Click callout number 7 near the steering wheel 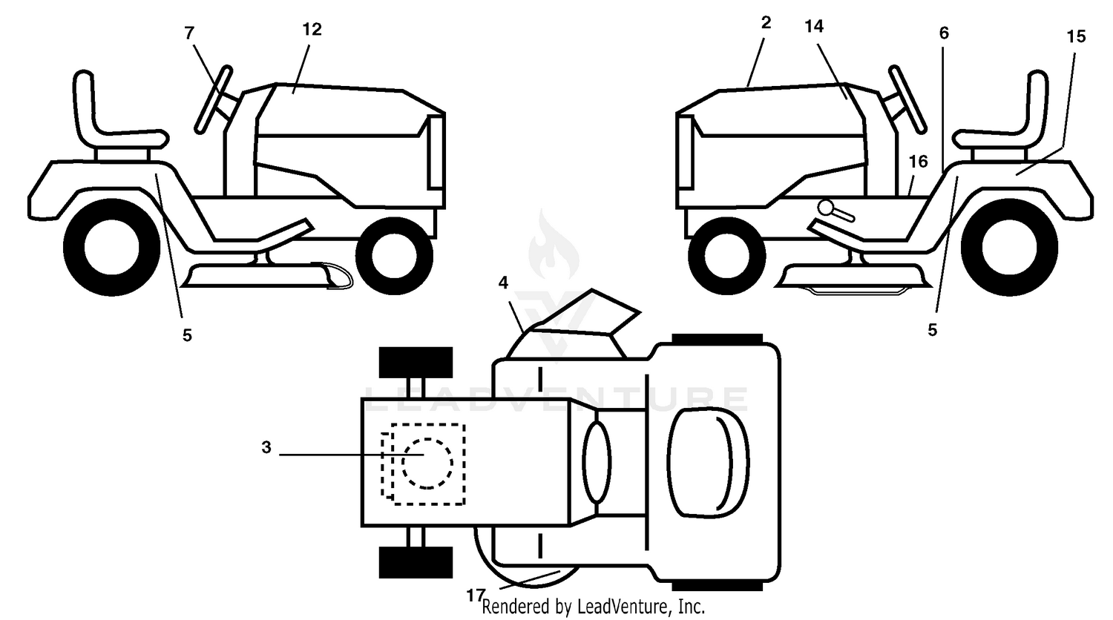(x=188, y=33)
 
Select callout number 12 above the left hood (x=312, y=30)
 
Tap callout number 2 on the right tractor (x=766, y=22)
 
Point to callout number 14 (x=814, y=27)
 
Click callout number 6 (x=944, y=33)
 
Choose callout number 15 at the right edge (x=1076, y=36)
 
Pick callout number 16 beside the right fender (x=919, y=162)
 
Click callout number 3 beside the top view (x=266, y=448)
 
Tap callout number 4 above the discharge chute (x=503, y=283)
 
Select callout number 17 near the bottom (x=475, y=595)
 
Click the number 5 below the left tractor (x=187, y=335)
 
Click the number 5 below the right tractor (x=933, y=330)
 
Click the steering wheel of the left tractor (x=214, y=99)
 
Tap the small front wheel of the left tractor (x=394, y=256)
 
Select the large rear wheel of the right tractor (x=1009, y=247)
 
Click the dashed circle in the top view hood (x=427, y=464)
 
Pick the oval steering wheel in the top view (x=597, y=461)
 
